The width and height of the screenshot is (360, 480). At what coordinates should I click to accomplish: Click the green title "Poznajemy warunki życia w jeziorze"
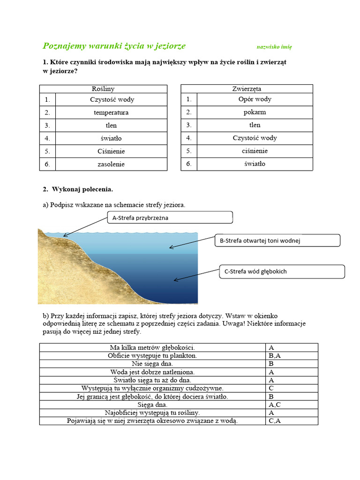pos(114,46)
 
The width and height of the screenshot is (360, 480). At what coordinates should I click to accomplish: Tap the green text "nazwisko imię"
pos(274,47)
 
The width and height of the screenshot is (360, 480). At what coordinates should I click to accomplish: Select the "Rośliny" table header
pos(103,89)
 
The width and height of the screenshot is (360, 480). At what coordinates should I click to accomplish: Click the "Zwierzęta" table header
pos(247,89)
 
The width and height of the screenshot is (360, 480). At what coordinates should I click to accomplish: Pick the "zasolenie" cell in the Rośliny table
pos(111,164)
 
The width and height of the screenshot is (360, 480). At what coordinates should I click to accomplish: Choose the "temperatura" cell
pos(111,112)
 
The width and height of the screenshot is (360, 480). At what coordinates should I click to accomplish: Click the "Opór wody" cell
pos(255,99)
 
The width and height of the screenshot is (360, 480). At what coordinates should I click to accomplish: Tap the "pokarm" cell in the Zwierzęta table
pos(255,112)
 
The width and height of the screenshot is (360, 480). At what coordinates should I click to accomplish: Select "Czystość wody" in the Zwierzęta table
pos(255,138)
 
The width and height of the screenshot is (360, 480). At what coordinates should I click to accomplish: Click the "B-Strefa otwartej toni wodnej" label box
pos(277,240)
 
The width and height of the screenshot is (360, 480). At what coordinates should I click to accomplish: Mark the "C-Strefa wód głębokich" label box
pos(282,271)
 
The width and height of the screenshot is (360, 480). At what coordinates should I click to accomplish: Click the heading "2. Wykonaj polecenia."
pos(78,189)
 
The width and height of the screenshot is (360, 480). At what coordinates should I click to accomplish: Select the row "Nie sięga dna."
pos(152,363)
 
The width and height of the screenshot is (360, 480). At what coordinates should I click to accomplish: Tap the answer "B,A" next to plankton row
pos(274,356)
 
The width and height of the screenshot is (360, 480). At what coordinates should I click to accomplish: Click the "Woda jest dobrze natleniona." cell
pos(152,372)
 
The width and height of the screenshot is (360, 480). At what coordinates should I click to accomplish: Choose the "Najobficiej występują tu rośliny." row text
pos(152,412)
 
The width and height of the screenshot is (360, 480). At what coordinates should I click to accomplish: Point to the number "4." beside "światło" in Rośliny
pos(47,138)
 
